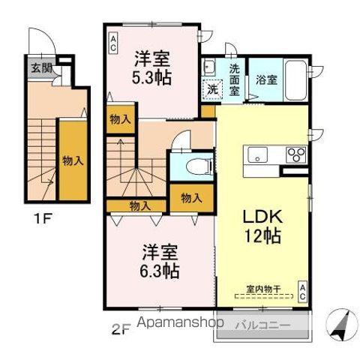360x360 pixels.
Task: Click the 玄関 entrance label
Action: [41, 67]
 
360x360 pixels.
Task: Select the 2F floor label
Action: [121, 327]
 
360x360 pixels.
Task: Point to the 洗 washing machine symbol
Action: [212, 88]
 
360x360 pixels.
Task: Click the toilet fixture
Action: [192, 166]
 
